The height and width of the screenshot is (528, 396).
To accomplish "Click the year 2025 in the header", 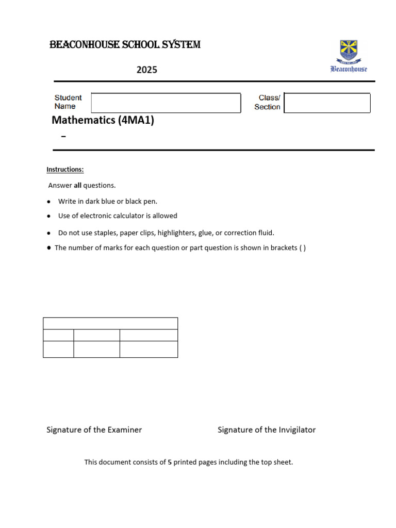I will (x=147, y=70).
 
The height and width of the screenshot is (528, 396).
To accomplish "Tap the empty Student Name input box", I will (x=166, y=103).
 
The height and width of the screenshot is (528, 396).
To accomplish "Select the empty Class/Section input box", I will (x=327, y=103).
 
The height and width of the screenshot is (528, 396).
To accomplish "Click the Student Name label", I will (x=68, y=102).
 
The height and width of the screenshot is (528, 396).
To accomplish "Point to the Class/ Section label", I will (x=268, y=102).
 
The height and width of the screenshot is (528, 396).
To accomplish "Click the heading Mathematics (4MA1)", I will (x=103, y=121).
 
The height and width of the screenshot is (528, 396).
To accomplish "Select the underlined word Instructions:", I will (x=65, y=170).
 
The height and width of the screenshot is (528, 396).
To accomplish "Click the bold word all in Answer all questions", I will (x=77, y=185).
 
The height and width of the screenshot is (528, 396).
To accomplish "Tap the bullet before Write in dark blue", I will (x=48, y=202).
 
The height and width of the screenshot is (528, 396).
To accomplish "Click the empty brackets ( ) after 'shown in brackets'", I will (x=302, y=248).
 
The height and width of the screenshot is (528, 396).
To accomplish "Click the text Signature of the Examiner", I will (x=94, y=430).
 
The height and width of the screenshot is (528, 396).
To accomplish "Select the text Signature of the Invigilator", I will (x=267, y=430).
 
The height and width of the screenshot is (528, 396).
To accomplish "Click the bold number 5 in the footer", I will (x=170, y=463).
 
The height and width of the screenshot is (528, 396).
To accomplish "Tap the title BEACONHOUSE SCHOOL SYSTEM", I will (x=125, y=45).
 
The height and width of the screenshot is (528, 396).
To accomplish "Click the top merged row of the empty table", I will (x=110, y=323).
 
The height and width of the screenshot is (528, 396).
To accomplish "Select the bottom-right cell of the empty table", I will (x=148, y=349).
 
